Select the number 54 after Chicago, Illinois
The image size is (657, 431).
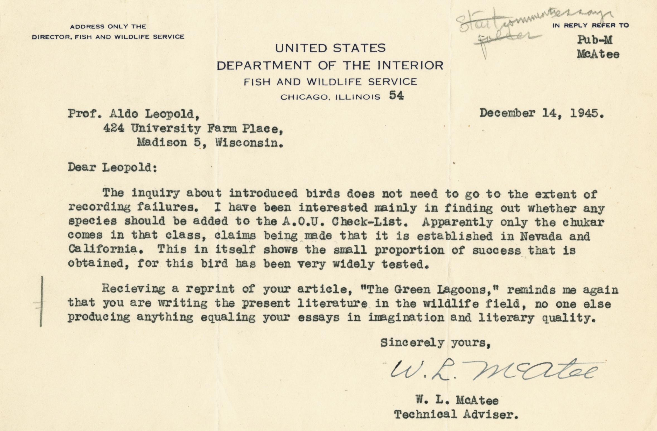tap(396, 96)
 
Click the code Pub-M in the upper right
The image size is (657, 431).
tap(595, 40)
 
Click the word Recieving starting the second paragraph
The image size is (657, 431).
tap(133, 289)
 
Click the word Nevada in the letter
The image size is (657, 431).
tap(541, 236)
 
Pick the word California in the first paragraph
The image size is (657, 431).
tap(103, 250)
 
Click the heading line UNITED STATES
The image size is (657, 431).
tap(330, 48)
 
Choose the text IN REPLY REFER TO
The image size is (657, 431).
tap(591, 26)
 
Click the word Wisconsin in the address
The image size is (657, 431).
tap(250, 143)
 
